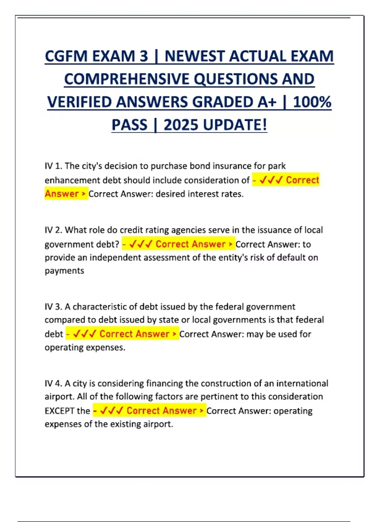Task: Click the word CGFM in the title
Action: pos(66,56)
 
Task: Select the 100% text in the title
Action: pos(312,102)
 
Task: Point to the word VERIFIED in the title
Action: pos(79,102)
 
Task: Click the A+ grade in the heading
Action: pos(267,102)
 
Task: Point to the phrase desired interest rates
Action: pos(199,194)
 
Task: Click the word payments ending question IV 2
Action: pos(64,271)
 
